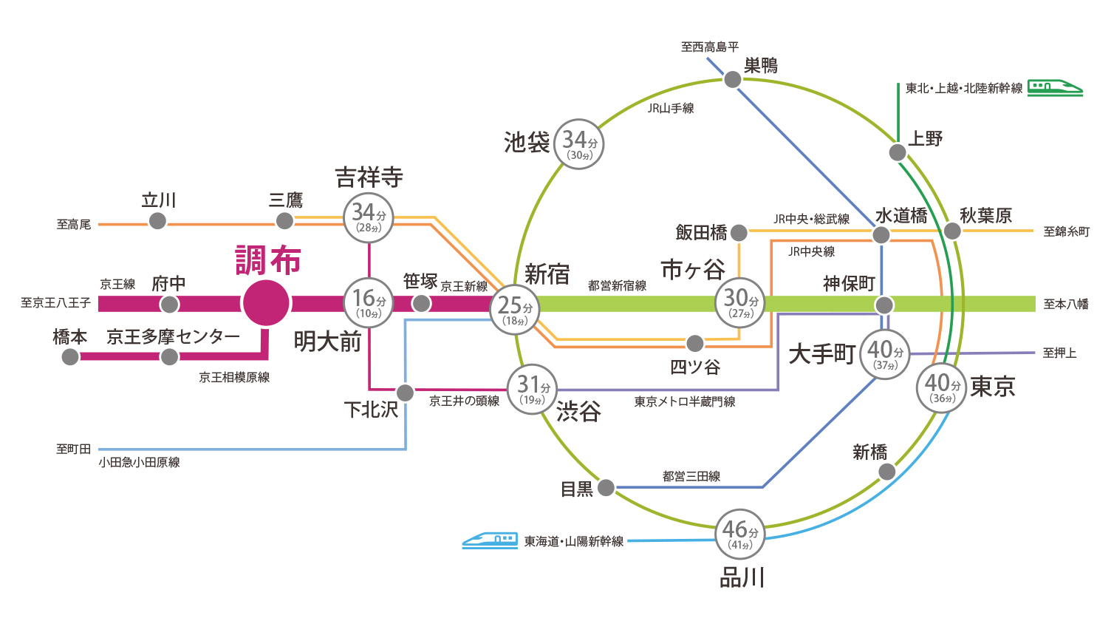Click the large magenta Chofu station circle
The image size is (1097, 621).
[x=266, y=303]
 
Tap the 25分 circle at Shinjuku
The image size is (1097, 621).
[x=515, y=310]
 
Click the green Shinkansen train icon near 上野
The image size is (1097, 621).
[x=1055, y=87]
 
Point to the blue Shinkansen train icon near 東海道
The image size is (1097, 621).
[x=490, y=540]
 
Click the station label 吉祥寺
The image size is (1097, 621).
[x=369, y=177]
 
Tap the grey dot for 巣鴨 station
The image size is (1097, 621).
[x=732, y=79]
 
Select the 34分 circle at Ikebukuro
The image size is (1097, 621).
[x=579, y=143]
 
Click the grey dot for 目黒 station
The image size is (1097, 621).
[x=606, y=487]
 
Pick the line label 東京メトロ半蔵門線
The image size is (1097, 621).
[x=684, y=401]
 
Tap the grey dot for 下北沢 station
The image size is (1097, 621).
[x=405, y=392]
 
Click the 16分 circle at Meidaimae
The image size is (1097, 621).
[x=369, y=302]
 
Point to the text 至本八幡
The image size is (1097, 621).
[x=1065, y=304]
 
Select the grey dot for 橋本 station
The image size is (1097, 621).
[x=70, y=357]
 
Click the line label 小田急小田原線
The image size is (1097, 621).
[x=139, y=462]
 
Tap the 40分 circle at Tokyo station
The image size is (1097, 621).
[x=942, y=387]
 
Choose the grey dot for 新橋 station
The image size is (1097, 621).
[x=887, y=472]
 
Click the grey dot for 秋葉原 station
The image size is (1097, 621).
[x=952, y=231]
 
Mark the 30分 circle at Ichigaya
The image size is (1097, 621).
[x=740, y=302]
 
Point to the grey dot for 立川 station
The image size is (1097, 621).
[x=157, y=220]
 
